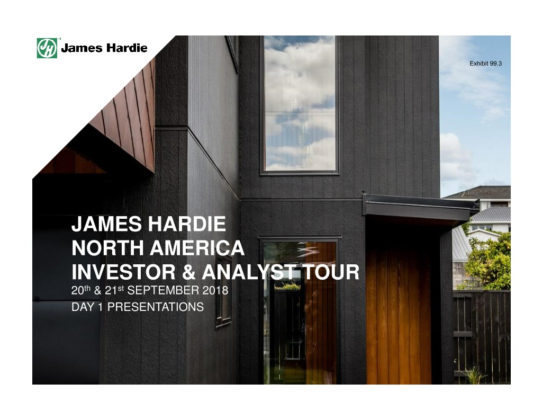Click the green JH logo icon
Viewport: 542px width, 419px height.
pos(47,48)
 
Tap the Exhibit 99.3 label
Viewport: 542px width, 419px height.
pos(485,64)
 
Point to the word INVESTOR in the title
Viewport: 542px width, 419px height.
pos(123,272)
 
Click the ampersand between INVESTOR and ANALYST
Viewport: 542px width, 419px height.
pos(188,272)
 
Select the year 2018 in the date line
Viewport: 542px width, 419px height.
pos(215,290)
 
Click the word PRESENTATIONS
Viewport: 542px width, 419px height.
pos(156,307)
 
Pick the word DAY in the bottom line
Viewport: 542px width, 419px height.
pos(83,307)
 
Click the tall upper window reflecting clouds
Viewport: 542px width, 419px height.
pos(300,103)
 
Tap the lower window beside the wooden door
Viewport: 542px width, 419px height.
pos(300,311)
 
